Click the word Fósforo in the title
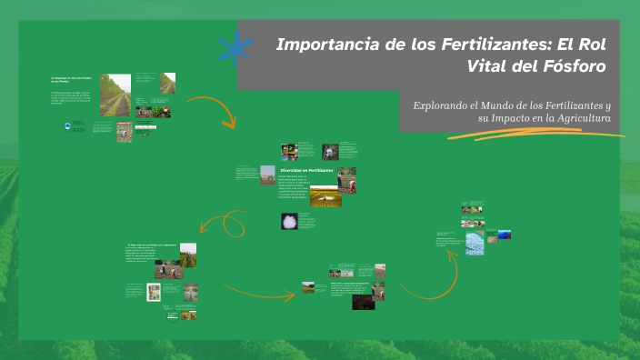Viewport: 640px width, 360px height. tap(574, 65)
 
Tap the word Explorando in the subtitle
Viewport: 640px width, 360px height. tap(445, 105)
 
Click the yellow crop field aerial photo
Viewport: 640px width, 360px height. tap(325, 196)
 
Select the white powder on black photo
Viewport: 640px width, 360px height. tap(288, 221)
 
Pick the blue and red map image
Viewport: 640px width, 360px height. tap(499, 235)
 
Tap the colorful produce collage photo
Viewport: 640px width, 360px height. tap(289, 150)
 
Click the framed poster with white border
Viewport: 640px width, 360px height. tap(155, 292)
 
